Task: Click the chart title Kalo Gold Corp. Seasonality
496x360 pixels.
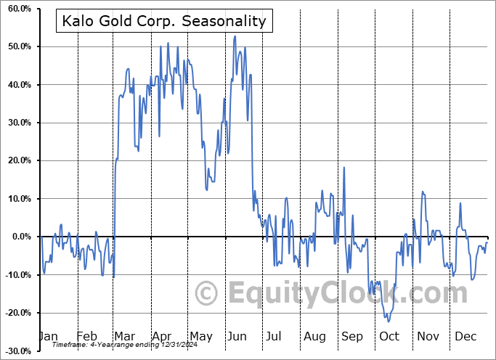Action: coord(163,22)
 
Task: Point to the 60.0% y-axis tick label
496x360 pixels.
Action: coord(17,9)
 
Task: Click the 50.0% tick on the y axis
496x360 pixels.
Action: coord(17,46)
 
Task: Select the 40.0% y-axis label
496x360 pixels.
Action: coord(17,85)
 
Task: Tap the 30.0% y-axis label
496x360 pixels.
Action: coord(17,123)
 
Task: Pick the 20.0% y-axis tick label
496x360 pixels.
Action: coord(17,160)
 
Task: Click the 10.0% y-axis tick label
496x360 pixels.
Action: coord(17,199)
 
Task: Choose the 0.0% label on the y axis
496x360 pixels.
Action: coord(20,237)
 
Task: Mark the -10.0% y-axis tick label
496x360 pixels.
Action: coord(16,274)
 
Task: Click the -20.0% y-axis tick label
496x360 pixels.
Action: coord(16,313)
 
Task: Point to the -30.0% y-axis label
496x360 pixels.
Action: coord(16,351)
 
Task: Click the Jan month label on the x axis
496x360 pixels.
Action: coord(48,336)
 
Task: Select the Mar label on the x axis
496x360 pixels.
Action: coord(124,336)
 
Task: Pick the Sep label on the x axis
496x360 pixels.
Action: coord(352,336)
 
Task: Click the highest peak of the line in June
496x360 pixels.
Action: coord(235,36)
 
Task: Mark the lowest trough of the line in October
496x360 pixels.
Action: coord(389,322)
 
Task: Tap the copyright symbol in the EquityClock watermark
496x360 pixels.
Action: coord(207,294)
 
